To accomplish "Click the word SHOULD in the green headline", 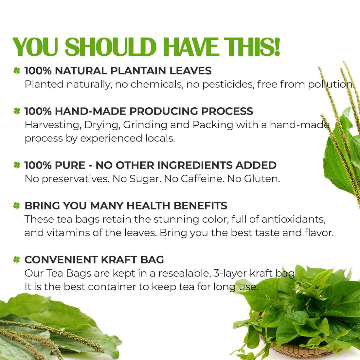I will point(111,47).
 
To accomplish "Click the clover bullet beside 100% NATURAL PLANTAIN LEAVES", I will point(17,70).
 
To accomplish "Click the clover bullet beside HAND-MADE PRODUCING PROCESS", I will point(17,111).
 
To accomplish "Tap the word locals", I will point(160,138).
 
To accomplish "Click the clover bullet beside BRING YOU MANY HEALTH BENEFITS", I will point(17,206).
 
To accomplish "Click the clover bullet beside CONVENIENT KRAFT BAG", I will point(17,260).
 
